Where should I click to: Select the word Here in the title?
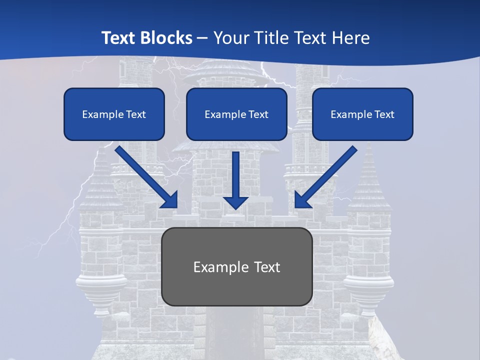pyautogui.click(x=351, y=38)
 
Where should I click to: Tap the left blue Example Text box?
pyautogui.click(x=114, y=114)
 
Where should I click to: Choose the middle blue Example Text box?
pyautogui.click(x=236, y=114)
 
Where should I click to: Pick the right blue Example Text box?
pyautogui.click(x=362, y=114)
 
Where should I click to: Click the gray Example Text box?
pyautogui.click(x=237, y=266)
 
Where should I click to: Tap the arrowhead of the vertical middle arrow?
pyautogui.click(x=235, y=202)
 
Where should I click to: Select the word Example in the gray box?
pyautogui.click(x=221, y=267)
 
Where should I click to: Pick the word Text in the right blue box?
pyautogui.click(x=384, y=114)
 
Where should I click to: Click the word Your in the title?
pyautogui.click(x=230, y=38)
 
